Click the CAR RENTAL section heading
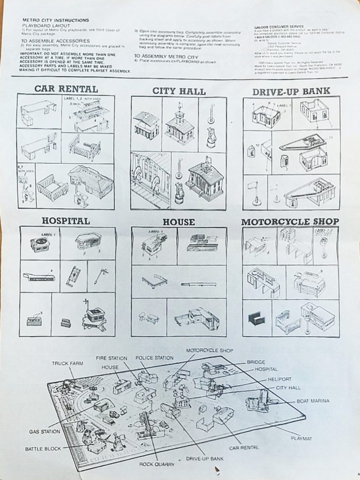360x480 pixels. point(66,89)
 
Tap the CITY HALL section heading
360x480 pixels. point(179,91)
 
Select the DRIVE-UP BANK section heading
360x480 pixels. point(291,91)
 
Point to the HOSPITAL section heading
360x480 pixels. point(66,220)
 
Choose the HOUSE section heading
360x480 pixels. point(179,222)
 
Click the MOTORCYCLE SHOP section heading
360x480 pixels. point(290,221)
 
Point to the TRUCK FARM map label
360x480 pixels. point(67,363)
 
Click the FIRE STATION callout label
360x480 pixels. point(112,358)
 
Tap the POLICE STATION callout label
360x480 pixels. point(154,358)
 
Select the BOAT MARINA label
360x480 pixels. point(313,401)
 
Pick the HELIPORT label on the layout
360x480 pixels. point(280,379)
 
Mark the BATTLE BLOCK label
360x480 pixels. point(43,449)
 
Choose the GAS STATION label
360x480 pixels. point(45,431)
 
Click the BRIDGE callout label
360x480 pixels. point(256,362)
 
